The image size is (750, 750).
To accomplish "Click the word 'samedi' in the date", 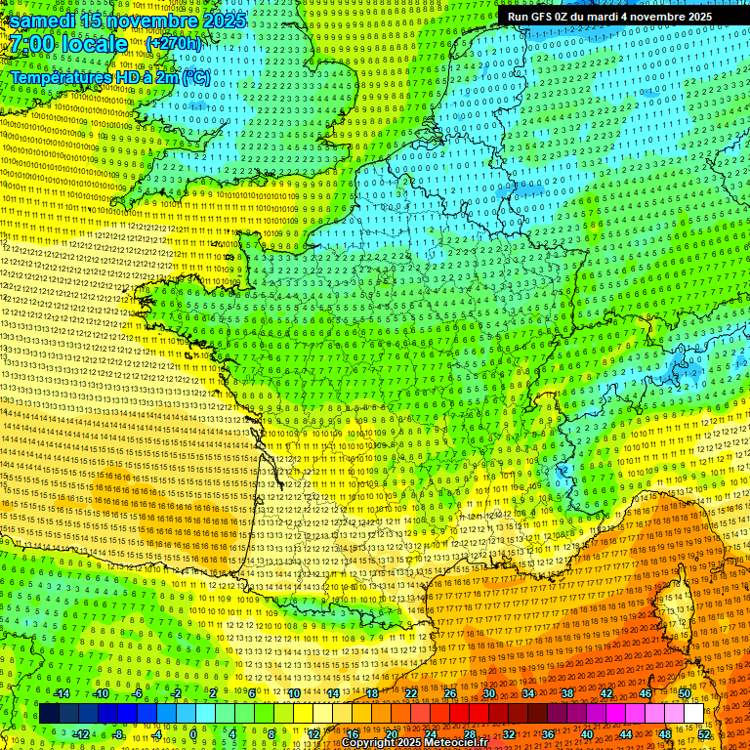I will (x=49, y=21).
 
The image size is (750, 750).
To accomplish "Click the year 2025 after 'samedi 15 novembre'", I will (x=222, y=21).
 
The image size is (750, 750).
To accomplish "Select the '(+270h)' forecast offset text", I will (x=174, y=44).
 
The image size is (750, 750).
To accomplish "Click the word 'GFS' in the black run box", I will (x=549, y=17).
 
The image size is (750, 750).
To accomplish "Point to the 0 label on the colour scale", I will (x=193, y=734).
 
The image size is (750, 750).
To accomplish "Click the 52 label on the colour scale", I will (x=704, y=734).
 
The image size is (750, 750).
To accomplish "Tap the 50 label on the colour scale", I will (x=685, y=693).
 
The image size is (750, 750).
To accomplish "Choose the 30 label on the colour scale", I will (x=488, y=693).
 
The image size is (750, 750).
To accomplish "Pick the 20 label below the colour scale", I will (x=391, y=734).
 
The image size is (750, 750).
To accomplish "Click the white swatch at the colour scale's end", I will (x=693, y=714).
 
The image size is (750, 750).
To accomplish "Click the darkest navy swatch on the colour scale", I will (x=49, y=714).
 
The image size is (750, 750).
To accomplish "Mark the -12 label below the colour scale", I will (x=82, y=734).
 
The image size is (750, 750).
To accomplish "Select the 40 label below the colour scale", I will (x=587, y=734).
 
